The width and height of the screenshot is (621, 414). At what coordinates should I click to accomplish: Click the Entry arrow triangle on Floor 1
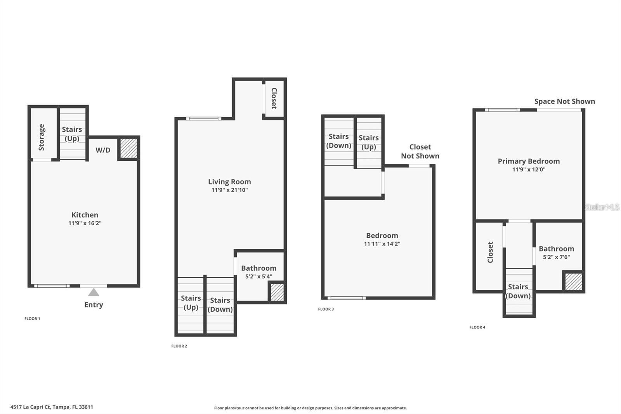[x=94, y=292]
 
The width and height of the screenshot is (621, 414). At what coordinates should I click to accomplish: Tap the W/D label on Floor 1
[x=103, y=150]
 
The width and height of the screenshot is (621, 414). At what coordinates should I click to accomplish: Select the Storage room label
[x=42, y=137]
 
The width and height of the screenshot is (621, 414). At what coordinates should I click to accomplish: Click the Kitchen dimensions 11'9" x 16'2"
[x=85, y=223]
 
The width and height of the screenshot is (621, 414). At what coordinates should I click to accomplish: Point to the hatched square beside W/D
[x=128, y=148]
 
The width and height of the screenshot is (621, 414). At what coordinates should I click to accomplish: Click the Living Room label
[x=229, y=182]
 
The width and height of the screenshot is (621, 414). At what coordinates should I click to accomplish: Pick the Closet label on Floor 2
[x=274, y=98]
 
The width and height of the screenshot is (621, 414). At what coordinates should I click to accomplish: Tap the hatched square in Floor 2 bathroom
[x=277, y=292]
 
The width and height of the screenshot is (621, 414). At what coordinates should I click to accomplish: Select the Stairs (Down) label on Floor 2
[x=220, y=305]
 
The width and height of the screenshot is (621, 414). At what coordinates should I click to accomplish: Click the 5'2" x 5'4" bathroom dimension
[x=258, y=277]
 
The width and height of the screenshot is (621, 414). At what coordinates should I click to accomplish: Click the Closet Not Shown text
[x=420, y=151]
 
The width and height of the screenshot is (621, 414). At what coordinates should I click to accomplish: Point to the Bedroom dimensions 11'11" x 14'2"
[x=382, y=244]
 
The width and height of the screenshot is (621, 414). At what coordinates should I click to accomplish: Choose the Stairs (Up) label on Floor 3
[x=369, y=143]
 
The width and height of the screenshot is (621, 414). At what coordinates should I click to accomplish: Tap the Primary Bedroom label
[x=529, y=161]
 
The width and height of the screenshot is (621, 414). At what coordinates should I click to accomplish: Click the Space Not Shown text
[x=564, y=101]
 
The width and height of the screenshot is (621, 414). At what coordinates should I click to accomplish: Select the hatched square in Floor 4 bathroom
[x=573, y=282]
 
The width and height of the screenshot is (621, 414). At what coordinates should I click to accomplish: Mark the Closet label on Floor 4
[x=490, y=252]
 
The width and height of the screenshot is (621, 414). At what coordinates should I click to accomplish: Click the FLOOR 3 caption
[x=326, y=309]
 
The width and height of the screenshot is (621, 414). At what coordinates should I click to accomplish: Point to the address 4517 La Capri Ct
[x=52, y=407]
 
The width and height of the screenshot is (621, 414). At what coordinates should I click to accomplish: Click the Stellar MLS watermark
[x=602, y=207]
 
